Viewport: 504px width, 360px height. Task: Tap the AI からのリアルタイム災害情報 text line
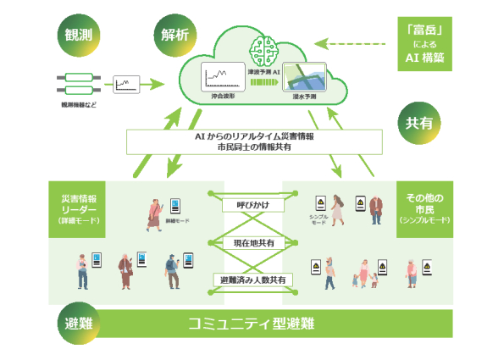[x=252, y=136]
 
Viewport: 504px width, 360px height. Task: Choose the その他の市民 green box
[x=427, y=208]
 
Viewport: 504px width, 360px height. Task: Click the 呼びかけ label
[x=252, y=204]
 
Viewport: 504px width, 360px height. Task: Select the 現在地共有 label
[x=252, y=243]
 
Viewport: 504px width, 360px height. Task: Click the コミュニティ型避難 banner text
[x=251, y=324]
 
